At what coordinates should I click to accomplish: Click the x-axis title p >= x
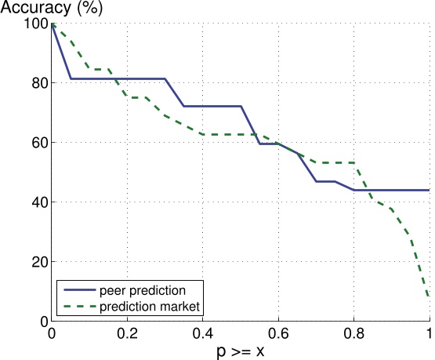(x=241, y=350)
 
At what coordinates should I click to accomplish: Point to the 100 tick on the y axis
(x=34, y=24)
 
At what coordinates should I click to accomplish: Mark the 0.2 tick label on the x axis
(x=127, y=333)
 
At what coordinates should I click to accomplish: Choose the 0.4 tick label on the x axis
(x=203, y=333)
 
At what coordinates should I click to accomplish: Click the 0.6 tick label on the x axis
(x=279, y=333)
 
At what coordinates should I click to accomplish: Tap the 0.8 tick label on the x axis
(x=354, y=333)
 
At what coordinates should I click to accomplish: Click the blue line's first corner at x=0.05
(x=71, y=78)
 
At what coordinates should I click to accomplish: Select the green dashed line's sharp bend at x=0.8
(x=354, y=163)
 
